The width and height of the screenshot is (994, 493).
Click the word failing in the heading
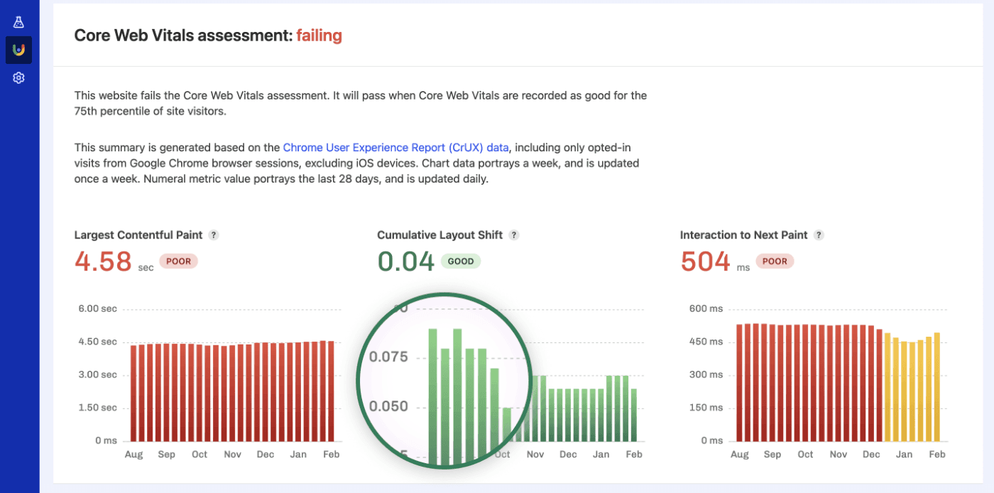pos(319,35)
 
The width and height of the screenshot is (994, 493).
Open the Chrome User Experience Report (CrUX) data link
pos(395,148)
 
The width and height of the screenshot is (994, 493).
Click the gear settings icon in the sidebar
pos(19,78)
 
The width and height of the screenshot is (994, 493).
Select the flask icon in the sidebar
pos(19,23)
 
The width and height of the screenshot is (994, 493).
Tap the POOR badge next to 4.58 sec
pos(178,261)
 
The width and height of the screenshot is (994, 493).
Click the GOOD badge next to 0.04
pos(461,261)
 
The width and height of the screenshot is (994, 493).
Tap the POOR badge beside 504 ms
pos(775,261)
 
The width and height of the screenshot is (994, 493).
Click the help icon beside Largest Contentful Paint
pos(214,235)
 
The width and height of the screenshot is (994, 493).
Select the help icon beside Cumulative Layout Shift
pos(514,235)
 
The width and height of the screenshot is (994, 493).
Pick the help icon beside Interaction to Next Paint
pos(819,235)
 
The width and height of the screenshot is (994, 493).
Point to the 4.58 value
pos(103,261)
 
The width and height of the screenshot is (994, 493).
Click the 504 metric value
pos(705,261)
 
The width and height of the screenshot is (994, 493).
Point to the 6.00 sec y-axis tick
pos(97,309)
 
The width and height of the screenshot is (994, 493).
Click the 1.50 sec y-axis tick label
pos(97,408)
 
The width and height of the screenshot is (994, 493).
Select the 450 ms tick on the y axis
pos(706,342)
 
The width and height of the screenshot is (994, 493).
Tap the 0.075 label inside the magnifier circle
pos(389,357)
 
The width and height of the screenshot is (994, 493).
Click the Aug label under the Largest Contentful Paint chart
pos(133,455)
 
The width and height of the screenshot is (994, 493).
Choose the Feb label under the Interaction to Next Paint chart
pos(937,455)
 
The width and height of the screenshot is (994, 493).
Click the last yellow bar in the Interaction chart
pos(937,387)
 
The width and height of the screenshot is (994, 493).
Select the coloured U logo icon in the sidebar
pos(19,50)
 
